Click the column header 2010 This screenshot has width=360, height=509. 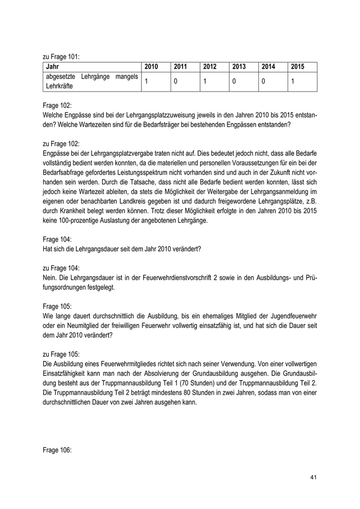pos(151,67)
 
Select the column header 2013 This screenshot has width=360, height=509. pos(239,67)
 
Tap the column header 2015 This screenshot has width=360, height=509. pos(298,67)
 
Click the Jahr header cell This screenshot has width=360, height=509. pos(52,67)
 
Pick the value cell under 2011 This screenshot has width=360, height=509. pos(175,82)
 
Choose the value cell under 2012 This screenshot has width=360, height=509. pos(205,82)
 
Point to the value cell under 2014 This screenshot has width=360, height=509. pos(263,82)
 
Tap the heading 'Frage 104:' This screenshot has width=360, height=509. pos(57,240)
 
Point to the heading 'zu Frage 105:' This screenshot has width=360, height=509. pos(61,355)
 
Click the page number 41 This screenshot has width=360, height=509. pos(313,478)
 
